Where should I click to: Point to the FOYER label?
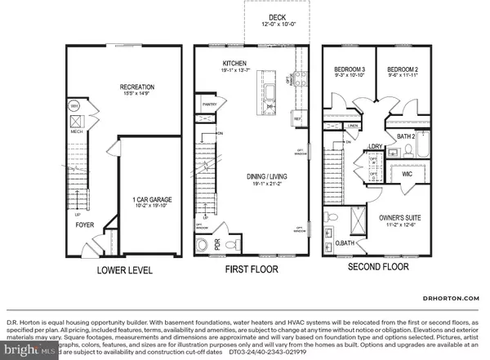(85, 223)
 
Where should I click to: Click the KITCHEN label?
(234, 63)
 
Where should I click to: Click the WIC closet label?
(406, 173)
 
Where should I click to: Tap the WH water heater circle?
(73, 106)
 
